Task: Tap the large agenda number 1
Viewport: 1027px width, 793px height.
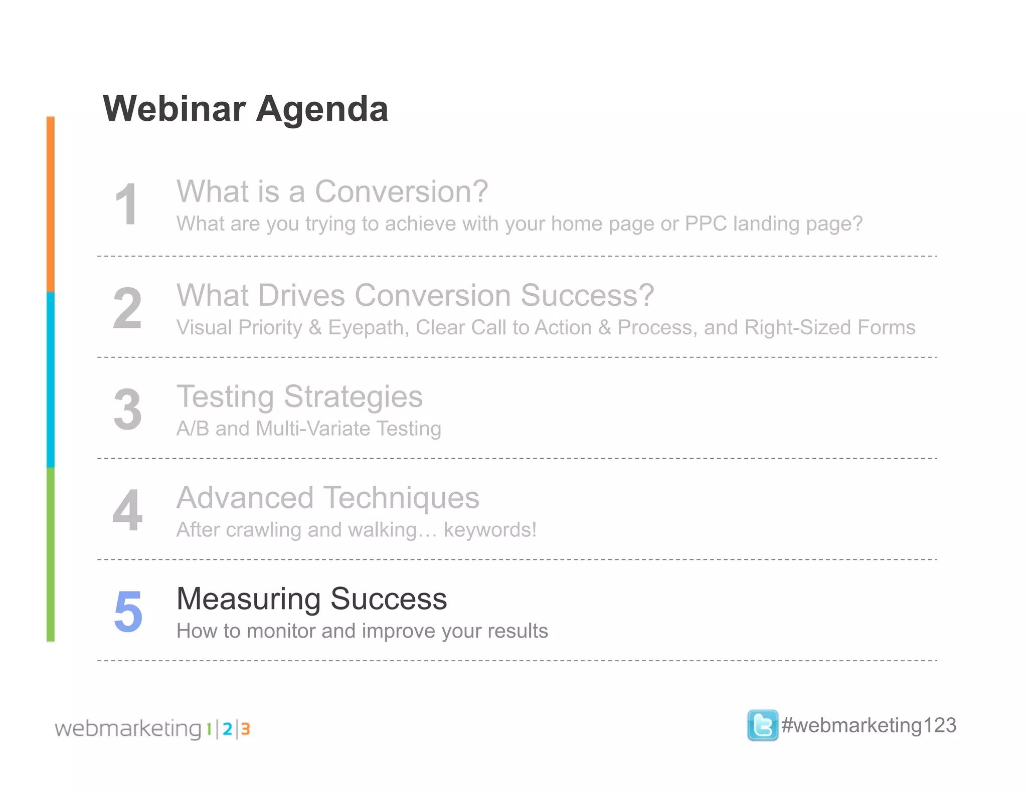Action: [x=126, y=205]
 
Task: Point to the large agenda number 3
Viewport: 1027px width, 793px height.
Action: [x=127, y=410]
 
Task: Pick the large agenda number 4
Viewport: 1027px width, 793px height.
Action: [x=127, y=510]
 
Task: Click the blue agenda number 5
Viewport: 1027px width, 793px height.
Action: [x=128, y=611]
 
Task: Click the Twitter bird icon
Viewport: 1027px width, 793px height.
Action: [x=762, y=725]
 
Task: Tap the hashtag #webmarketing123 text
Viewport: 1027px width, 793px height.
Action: [x=869, y=725]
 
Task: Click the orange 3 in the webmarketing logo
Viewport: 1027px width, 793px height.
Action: [x=245, y=729]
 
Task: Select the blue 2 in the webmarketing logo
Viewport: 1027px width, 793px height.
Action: [x=227, y=729]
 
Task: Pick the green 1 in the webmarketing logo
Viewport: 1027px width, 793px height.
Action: [x=209, y=729]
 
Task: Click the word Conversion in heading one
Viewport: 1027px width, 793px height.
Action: [x=401, y=191]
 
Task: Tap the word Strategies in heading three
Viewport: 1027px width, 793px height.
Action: [x=354, y=397]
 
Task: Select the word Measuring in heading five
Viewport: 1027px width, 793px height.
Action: [x=249, y=599]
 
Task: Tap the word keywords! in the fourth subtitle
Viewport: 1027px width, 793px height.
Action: [x=490, y=530]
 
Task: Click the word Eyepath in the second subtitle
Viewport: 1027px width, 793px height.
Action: [x=368, y=328]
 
